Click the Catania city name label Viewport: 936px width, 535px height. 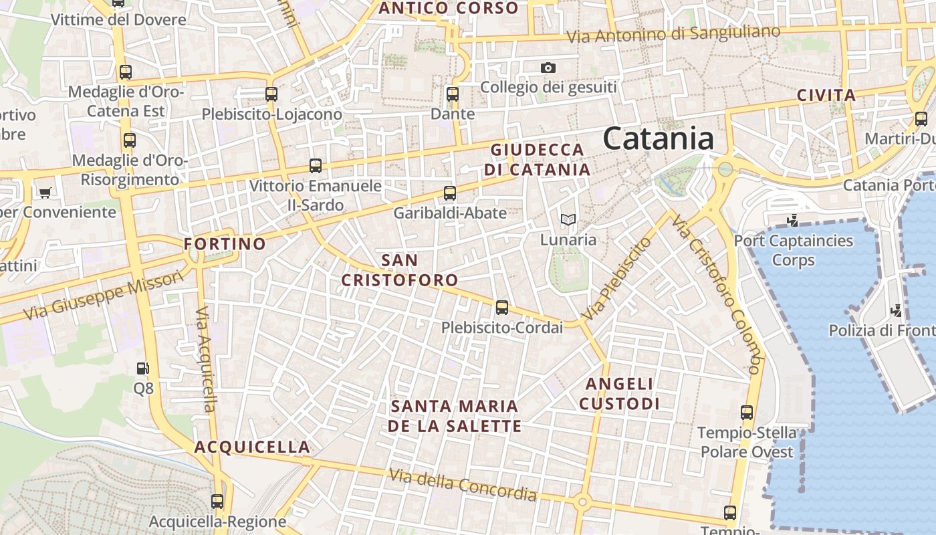click(659, 139)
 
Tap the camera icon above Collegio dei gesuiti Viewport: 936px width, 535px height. click(548, 68)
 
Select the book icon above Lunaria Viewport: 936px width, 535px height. click(568, 219)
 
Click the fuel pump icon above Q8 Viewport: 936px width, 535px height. click(142, 368)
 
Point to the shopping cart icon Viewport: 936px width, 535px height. click(45, 193)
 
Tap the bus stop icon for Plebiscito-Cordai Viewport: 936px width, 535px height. click(501, 308)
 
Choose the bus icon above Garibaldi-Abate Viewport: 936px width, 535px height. click(450, 193)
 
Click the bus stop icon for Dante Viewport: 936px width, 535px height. click(453, 94)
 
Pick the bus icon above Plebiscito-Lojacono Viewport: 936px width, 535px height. click(271, 94)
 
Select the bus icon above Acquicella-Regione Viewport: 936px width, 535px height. click(217, 501)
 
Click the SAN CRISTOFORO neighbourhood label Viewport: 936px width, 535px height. click(400, 270)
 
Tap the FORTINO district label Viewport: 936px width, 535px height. click(225, 244)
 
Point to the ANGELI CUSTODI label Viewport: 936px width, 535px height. click(619, 394)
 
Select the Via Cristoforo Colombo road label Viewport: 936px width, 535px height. click(717, 294)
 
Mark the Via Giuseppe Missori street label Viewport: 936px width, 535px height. click(103, 295)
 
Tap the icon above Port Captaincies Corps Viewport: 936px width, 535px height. click(793, 220)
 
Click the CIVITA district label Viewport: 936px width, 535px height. click(826, 96)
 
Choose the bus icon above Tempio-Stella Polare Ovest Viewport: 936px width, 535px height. click(747, 413)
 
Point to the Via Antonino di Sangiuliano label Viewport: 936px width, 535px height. click(673, 33)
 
